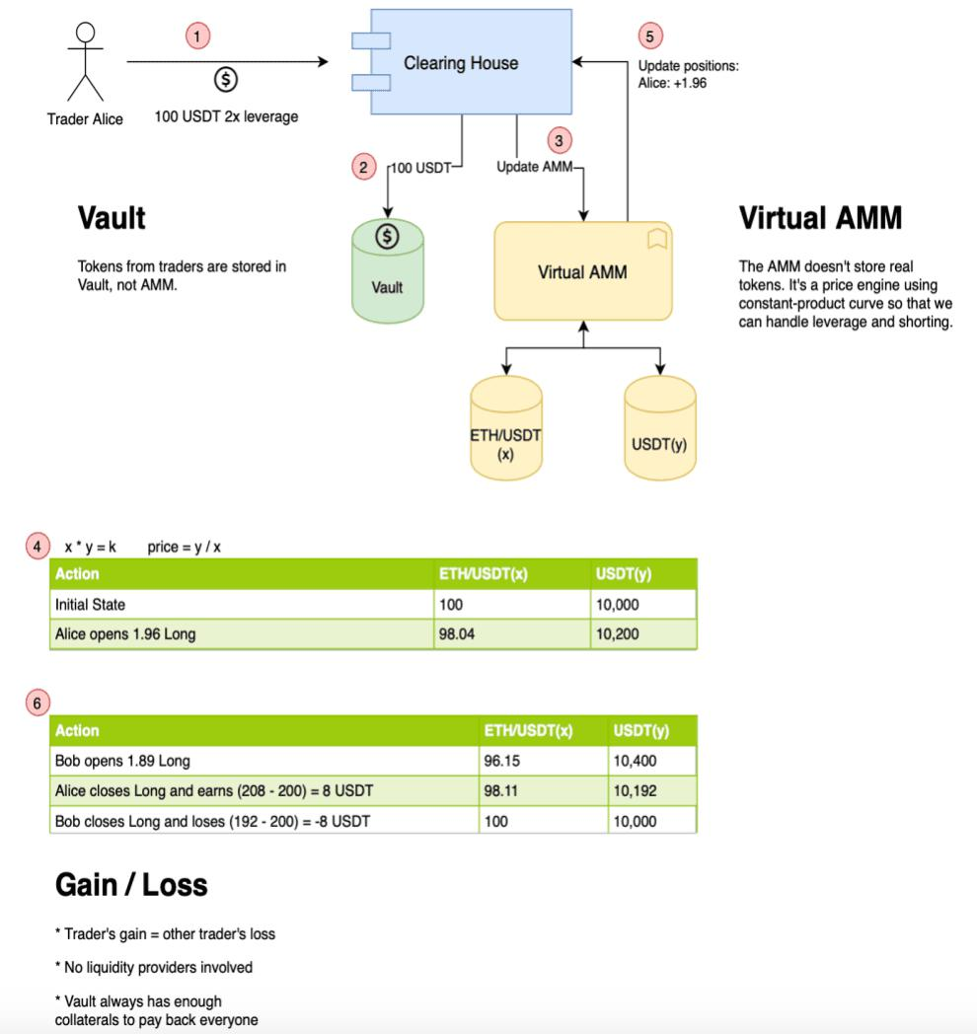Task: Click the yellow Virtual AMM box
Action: (x=582, y=271)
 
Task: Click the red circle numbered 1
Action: (x=198, y=37)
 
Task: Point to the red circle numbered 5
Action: (x=648, y=37)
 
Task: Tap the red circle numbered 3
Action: (x=559, y=140)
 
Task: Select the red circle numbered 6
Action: (x=38, y=703)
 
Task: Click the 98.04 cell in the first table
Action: (x=457, y=634)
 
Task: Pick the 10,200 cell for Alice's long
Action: (x=618, y=634)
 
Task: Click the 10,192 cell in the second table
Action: (x=635, y=790)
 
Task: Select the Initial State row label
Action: (x=91, y=604)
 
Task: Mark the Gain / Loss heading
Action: (x=131, y=885)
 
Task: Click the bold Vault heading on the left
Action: (x=112, y=218)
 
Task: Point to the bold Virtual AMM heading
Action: (x=820, y=218)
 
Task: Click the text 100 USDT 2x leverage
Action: (x=226, y=116)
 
